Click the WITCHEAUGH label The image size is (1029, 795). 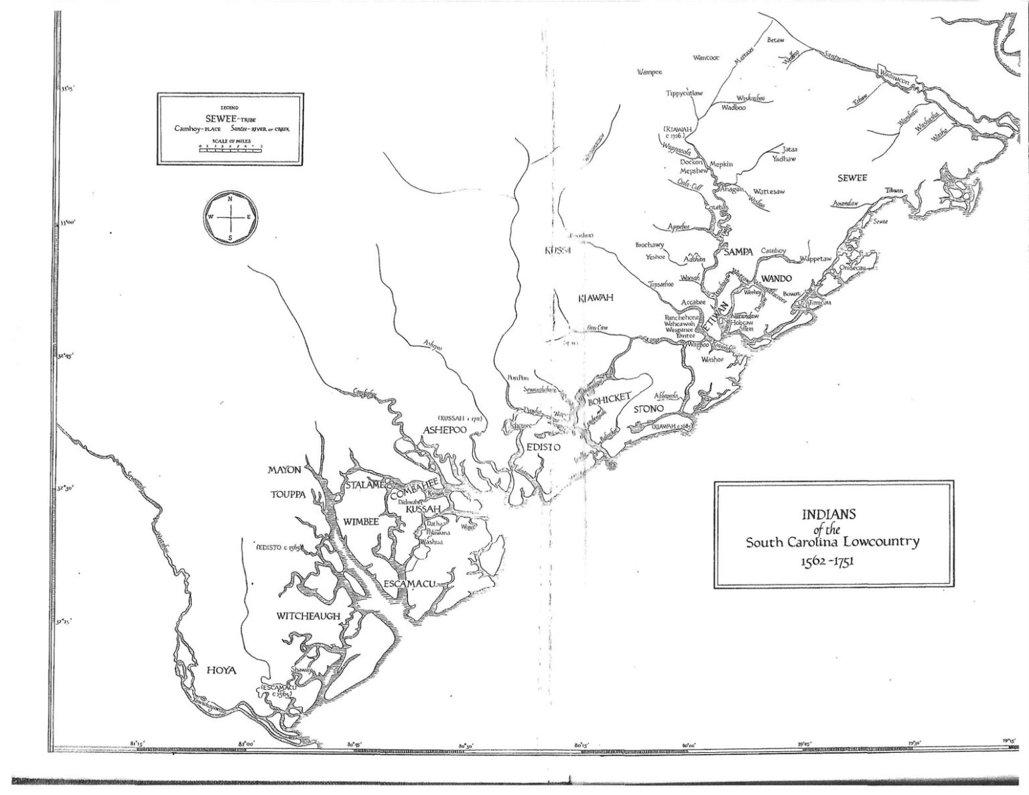pos(309,616)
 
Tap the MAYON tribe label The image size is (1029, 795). pos(285,470)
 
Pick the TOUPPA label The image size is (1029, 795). pos(287,494)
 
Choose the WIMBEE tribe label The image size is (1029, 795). pos(361,522)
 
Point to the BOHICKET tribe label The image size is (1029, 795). pos(609,401)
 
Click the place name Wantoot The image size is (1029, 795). pos(706,58)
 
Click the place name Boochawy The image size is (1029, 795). pos(649,245)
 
